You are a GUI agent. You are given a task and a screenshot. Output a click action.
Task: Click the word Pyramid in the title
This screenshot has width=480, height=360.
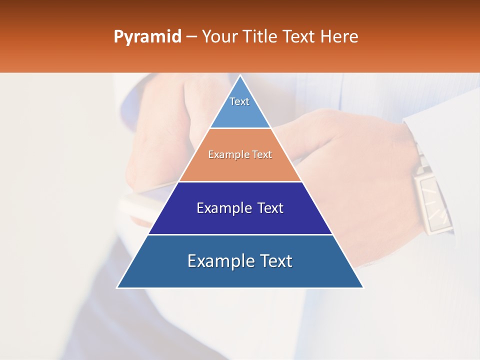(x=147, y=37)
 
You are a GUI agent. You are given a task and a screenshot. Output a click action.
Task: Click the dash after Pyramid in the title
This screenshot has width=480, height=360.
(x=191, y=37)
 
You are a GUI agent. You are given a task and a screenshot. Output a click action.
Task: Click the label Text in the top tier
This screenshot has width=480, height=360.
(x=239, y=101)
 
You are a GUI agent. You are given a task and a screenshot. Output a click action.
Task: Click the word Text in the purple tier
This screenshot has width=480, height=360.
(x=270, y=208)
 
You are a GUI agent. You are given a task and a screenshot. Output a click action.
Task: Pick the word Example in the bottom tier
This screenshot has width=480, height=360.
(x=219, y=261)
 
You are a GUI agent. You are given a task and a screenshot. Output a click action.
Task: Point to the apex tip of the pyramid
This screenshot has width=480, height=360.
(x=240, y=76)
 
